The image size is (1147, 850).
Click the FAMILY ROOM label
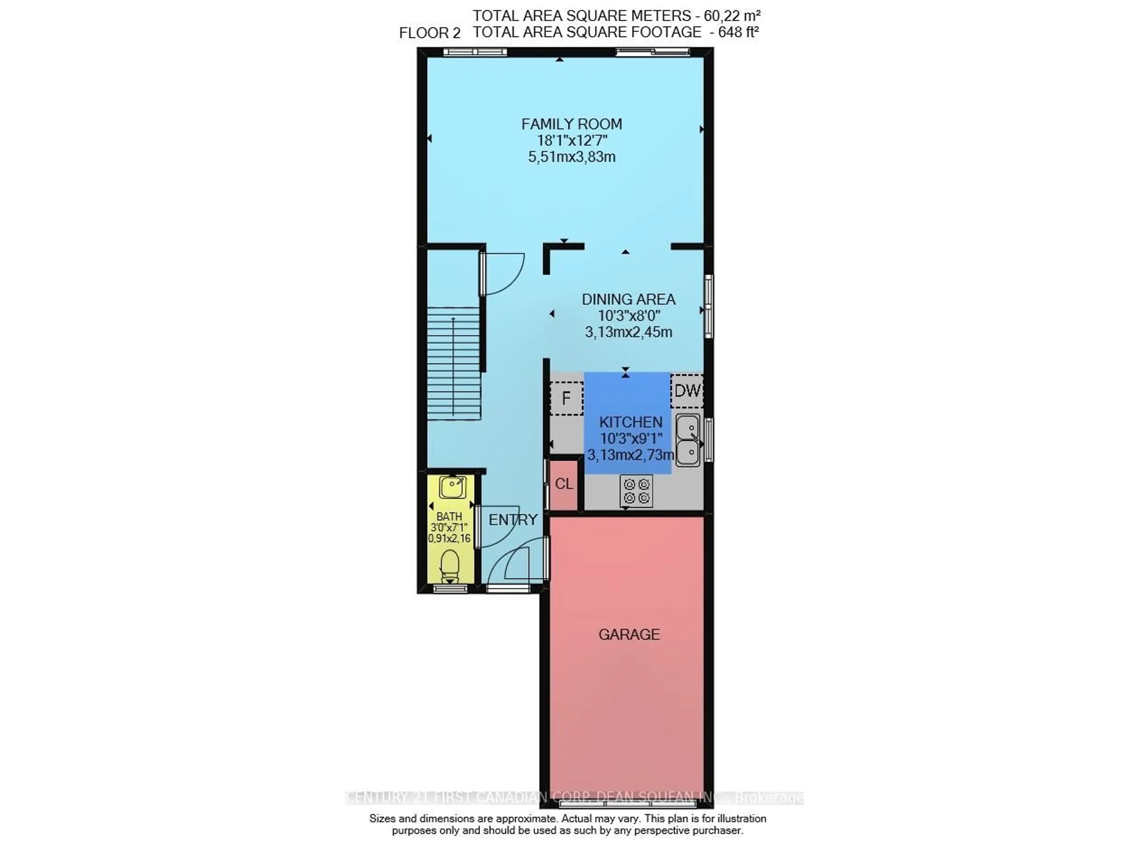571,124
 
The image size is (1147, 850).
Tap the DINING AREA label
628,299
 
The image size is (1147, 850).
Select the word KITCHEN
631,422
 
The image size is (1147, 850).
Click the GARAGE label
628,634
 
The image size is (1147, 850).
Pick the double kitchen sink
687,440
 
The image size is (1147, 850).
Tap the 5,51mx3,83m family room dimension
571,157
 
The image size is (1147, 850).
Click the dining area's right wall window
708,307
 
